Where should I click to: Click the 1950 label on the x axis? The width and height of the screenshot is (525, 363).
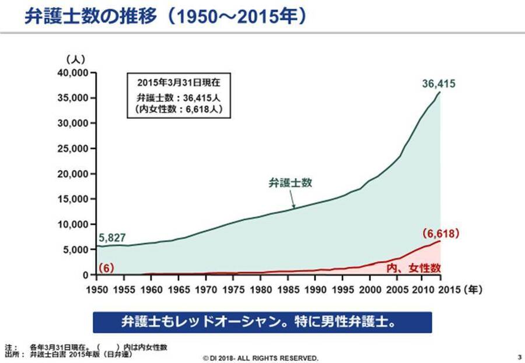click(97, 288)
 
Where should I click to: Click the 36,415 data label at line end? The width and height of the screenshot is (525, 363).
click(439, 84)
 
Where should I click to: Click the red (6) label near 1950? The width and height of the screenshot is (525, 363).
click(106, 267)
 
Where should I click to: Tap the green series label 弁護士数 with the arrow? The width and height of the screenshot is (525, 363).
click(290, 182)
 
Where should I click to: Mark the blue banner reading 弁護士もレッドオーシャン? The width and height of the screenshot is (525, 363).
click(262, 322)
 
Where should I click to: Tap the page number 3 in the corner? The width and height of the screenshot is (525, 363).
click(519, 357)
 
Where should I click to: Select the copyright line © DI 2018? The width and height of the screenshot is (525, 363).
click(260, 357)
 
